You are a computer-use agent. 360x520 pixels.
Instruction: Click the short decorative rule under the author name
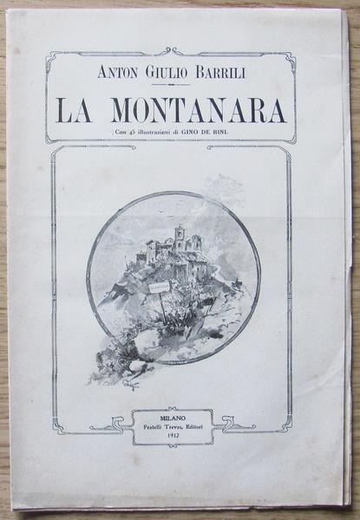170,85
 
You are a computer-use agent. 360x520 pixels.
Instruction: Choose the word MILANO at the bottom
173,415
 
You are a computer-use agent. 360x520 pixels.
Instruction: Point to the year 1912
173,436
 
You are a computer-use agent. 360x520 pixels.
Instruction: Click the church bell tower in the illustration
180,236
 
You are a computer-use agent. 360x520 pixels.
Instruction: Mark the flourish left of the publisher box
113,426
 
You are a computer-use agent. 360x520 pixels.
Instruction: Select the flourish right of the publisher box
234,424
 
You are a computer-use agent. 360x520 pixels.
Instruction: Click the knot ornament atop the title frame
172,52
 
